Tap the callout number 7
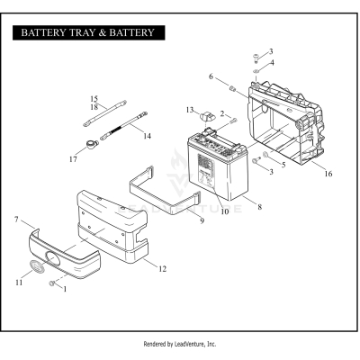(x=17, y=219)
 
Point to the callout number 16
(x=328, y=174)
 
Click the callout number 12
(x=162, y=268)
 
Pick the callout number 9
(x=202, y=220)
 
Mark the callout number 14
(x=147, y=136)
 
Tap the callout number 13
(x=190, y=110)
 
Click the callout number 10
(x=224, y=211)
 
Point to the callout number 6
(x=212, y=77)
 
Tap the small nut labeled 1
(x=55, y=284)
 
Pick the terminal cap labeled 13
(x=204, y=113)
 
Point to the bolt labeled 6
(x=232, y=88)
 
